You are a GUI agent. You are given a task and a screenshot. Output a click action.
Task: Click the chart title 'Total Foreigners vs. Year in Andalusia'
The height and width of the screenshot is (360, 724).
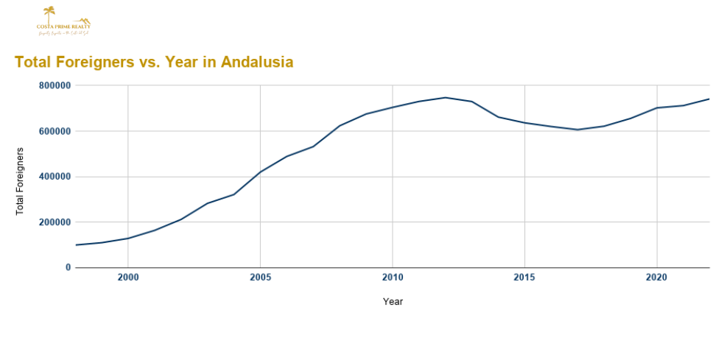(154, 63)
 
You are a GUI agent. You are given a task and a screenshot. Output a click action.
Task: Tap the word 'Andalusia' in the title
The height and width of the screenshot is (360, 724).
(257, 63)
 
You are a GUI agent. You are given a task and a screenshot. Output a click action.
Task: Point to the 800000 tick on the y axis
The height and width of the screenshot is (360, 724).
(55, 85)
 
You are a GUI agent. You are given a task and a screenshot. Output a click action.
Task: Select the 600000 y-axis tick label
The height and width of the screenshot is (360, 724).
(55, 131)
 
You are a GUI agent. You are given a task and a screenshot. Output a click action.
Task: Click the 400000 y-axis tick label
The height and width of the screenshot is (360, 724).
(55, 177)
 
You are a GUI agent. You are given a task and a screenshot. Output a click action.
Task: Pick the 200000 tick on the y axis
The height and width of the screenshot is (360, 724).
(55, 222)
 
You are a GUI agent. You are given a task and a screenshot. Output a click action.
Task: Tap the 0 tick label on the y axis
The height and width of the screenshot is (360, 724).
(68, 268)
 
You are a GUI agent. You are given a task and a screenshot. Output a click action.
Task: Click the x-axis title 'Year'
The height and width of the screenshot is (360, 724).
(393, 302)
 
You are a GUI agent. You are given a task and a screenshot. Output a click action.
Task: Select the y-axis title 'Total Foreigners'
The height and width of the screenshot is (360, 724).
(20, 181)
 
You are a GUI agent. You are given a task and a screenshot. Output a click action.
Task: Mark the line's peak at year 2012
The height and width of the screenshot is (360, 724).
(445, 97)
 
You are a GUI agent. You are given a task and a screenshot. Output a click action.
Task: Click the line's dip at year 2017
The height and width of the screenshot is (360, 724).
(577, 130)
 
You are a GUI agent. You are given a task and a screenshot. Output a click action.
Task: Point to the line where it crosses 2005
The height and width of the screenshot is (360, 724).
(260, 172)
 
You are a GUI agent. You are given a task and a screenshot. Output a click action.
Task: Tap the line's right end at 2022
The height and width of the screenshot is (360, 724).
(709, 99)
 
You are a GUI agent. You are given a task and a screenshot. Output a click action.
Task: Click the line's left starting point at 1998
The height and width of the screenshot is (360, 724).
(76, 245)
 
